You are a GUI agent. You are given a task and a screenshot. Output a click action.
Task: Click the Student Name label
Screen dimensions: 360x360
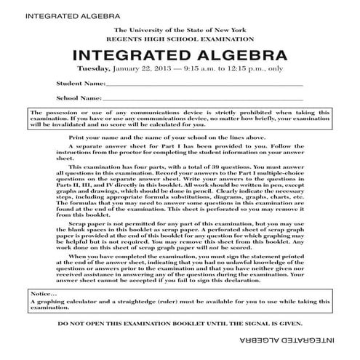[80, 84]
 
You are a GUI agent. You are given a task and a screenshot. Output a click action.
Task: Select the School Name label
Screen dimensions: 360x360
[79, 97]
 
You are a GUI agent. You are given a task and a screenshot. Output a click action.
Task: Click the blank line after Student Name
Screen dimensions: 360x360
[204, 85]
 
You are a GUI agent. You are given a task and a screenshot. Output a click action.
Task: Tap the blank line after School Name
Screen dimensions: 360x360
[203, 99]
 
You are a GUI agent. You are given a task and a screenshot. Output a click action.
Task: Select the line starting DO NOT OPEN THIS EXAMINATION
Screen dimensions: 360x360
[180, 322]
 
